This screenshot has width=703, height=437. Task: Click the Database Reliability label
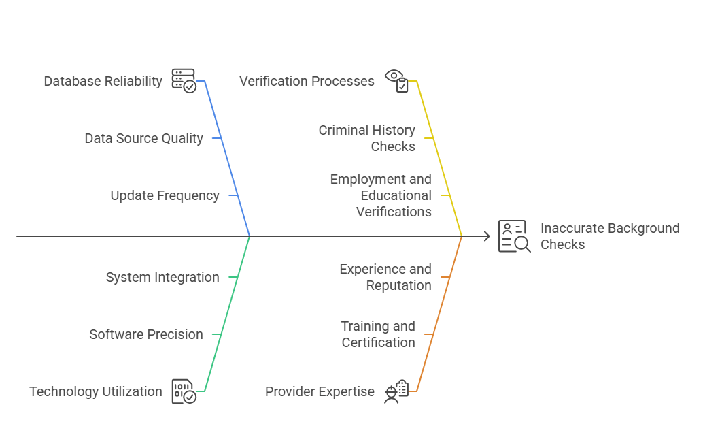[x=103, y=81]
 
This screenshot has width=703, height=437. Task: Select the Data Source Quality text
[x=143, y=138]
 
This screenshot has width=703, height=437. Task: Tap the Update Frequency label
[x=165, y=195]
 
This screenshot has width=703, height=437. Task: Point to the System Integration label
[x=162, y=277]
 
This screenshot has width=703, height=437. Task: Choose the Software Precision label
[x=146, y=334]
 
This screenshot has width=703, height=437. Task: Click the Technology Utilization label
[x=95, y=391]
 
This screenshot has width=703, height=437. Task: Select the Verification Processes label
[x=307, y=81]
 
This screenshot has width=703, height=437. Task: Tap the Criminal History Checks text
[x=367, y=138]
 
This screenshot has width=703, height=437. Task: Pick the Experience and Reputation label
[x=385, y=277]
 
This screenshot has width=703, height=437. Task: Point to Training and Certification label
[x=379, y=334]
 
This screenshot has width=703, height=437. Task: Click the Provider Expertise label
[x=320, y=391]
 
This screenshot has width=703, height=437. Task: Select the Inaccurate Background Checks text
[x=610, y=236]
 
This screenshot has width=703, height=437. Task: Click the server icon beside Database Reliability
[x=184, y=80]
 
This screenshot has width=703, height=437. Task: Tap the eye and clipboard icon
[x=397, y=80]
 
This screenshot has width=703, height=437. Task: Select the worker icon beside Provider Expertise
[x=396, y=391]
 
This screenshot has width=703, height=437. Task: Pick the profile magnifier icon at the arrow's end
[x=514, y=236]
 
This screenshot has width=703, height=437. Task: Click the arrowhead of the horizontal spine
[x=487, y=236]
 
